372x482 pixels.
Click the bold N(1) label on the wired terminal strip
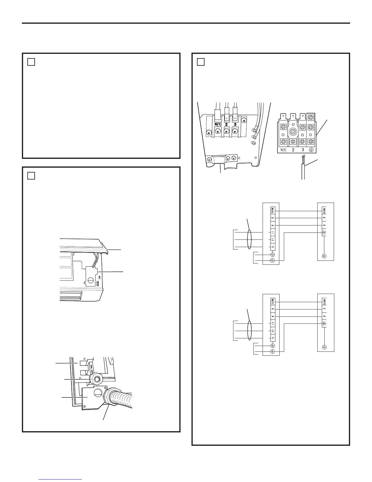tap(218, 124)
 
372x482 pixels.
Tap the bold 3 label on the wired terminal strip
tap(235, 124)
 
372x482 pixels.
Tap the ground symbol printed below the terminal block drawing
tap(311, 150)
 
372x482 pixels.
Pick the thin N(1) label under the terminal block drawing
tap(283, 150)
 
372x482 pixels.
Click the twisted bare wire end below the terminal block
tap(303, 159)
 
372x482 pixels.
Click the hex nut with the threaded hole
tap(97, 379)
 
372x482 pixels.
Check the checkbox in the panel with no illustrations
tap(31, 62)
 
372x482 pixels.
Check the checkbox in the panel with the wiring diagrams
tap(200, 62)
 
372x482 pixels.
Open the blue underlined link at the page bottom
tap(60, 479)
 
